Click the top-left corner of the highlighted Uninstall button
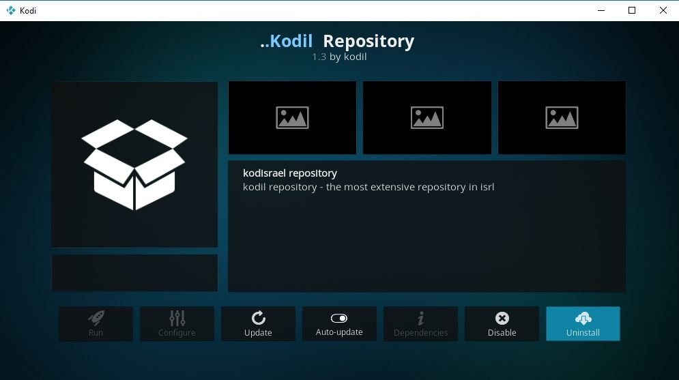click(x=546, y=307)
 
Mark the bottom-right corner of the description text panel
click(x=626, y=292)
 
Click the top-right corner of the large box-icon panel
click(x=218, y=82)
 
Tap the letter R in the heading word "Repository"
click(x=329, y=41)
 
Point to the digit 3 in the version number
click(x=323, y=57)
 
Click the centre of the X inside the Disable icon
click(x=502, y=319)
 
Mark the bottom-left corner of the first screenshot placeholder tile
click(x=229, y=154)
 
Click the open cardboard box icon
click(x=134, y=164)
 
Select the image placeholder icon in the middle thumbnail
click(x=427, y=118)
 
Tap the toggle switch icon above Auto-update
click(x=339, y=319)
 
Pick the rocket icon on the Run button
click(x=96, y=318)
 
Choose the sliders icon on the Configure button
click(x=177, y=318)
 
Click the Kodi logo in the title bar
click(x=11, y=10)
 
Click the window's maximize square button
click(x=632, y=10)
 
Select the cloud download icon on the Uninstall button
click(x=583, y=319)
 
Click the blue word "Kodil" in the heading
click(x=291, y=41)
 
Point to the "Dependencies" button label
click(x=420, y=332)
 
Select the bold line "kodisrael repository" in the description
click(x=290, y=173)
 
